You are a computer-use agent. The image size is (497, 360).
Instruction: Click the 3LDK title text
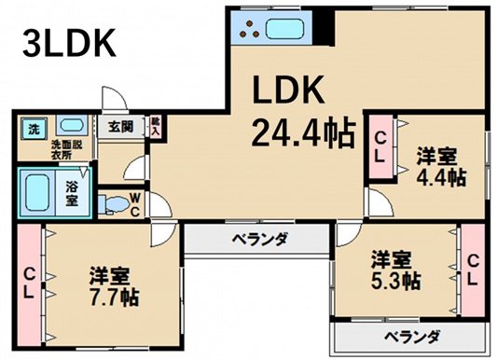point(69,44)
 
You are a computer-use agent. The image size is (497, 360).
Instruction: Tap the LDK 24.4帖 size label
point(303,112)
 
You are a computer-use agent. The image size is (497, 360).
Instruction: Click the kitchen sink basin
point(285,29)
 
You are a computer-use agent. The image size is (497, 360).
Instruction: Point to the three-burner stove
point(250,29)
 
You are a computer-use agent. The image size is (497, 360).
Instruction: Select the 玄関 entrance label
point(121,127)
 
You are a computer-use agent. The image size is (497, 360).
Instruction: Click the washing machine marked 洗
point(34,129)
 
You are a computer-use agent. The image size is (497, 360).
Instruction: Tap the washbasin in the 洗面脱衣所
point(72,126)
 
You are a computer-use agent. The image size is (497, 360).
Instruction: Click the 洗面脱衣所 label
point(66,150)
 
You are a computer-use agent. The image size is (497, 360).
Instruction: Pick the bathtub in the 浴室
point(37,193)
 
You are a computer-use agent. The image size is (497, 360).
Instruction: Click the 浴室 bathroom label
point(73,193)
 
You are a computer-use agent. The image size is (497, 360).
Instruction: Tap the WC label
point(135,205)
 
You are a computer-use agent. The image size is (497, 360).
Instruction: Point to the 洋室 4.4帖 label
point(441,167)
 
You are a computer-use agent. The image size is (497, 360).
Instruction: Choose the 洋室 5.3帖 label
point(396,270)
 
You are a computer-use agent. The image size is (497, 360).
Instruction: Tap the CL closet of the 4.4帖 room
point(380,147)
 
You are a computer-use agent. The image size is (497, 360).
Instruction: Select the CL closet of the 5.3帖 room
point(473,270)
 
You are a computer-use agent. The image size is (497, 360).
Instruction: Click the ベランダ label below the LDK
point(260,238)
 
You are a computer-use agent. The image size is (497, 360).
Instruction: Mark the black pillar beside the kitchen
point(324,28)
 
